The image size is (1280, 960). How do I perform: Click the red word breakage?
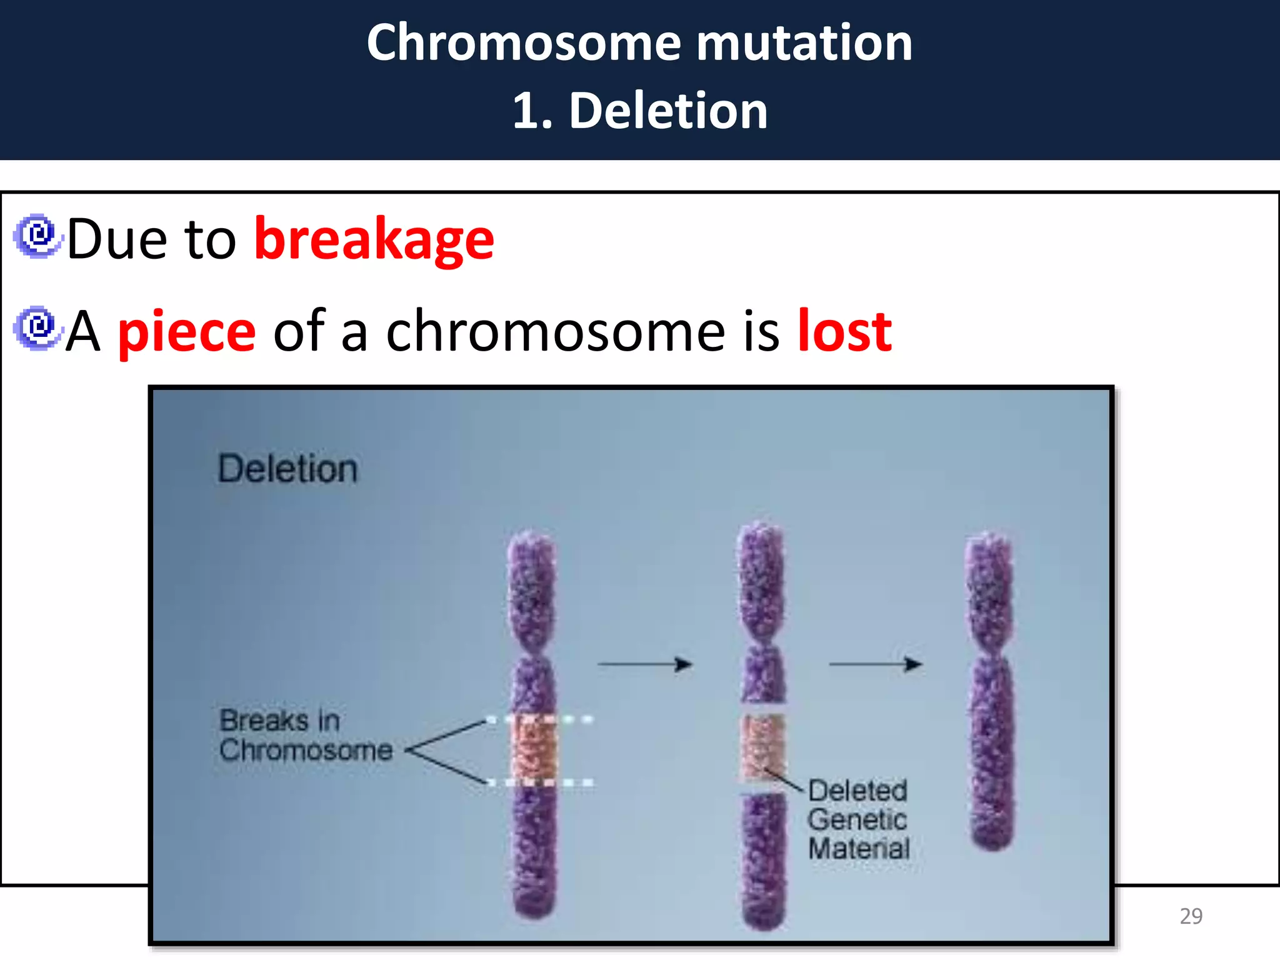tap(374, 239)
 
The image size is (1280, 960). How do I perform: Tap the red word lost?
tap(844, 331)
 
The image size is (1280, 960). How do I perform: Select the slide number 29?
tap(1191, 916)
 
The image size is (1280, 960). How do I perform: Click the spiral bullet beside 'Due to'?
tap(37, 236)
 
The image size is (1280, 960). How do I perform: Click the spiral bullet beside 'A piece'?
tap(37, 328)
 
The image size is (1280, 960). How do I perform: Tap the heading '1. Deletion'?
tap(640, 111)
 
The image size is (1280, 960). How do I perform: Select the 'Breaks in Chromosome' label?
tap(305, 736)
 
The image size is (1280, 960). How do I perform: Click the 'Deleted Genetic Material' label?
tap(858, 819)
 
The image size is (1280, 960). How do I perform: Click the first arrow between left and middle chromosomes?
tap(645, 664)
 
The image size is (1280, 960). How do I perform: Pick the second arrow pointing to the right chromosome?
tap(875, 664)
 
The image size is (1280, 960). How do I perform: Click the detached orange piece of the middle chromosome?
tap(762, 747)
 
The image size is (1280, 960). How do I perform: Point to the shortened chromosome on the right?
tap(991, 691)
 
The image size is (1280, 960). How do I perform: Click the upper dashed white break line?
tap(541, 719)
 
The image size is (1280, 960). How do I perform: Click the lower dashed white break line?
tap(541, 782)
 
